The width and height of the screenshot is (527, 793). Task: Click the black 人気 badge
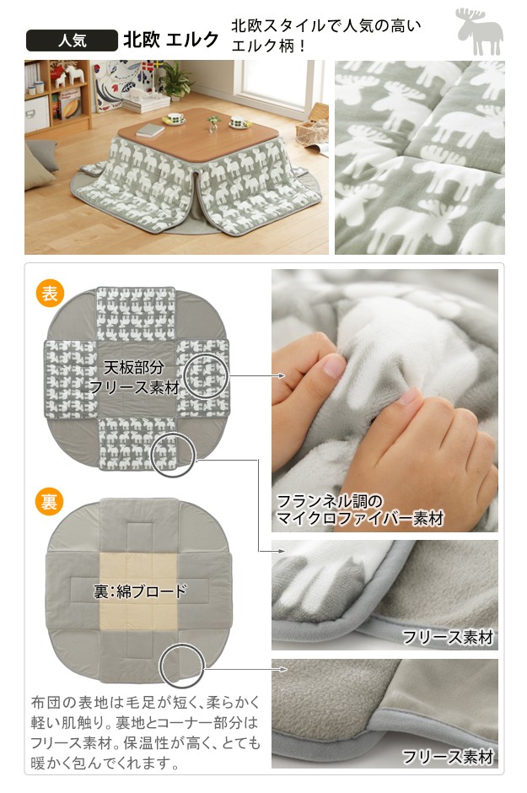tap(72, 40)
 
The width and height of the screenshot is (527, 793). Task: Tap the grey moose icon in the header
tap(479, 31)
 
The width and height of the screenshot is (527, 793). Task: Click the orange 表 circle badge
tap(50, 294)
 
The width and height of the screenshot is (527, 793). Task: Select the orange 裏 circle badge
tap(49, 502)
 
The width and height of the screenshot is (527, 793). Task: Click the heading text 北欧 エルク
tap(171, 40)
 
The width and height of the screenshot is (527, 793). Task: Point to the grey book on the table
tap(150, 131)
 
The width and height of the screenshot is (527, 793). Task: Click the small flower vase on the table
tap(213, 123)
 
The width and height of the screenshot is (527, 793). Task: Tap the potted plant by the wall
tap(176, 80)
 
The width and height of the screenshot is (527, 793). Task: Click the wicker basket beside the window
tap(312, 127)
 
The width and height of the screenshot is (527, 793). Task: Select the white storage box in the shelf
tap(37, 113)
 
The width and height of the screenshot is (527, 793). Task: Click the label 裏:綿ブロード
tap(140, 591)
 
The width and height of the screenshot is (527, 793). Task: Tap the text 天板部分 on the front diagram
tap(133, 367)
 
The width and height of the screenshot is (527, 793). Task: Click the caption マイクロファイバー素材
tap(360, 518)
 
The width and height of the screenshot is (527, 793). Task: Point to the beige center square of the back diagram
tap(139, 591)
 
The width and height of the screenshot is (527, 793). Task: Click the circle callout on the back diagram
tap(182, 666)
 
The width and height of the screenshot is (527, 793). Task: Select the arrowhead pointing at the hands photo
tap(282, 375)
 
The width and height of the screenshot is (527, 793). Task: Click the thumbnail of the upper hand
tap(335, 365)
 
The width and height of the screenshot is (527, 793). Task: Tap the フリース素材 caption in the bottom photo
tap(448, 757)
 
